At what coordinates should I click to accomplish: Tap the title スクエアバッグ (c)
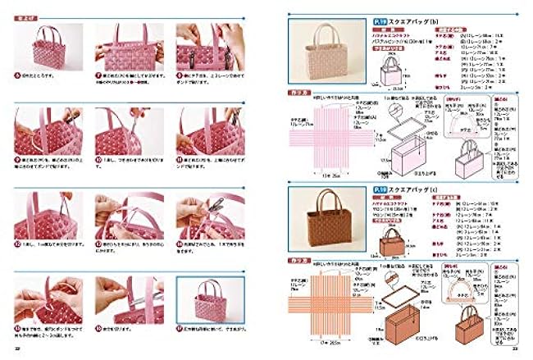pyautogui.click(x=393, y=190)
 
